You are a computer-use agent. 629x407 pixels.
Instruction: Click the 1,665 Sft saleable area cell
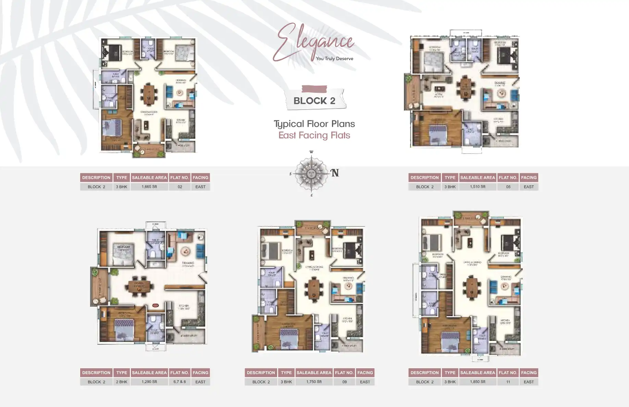pyautogui.click(x=149, y=187)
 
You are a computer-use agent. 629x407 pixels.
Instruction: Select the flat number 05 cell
pyautogui.click(x=508, y=187)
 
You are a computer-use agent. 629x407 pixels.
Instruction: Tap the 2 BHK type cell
pyautogui.click(x=121, y=382)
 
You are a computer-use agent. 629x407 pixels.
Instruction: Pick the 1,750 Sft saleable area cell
pyautogui.click(x=314, y=382)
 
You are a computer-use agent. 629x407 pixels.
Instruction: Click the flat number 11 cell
pyautogui.click(x=508, y=382)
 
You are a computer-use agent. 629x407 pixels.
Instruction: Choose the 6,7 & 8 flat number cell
pyautogui.click(x=180, y=382)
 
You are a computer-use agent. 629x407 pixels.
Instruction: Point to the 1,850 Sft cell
pyautogui.click(x=478, y=382)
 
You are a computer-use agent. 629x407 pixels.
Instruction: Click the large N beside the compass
pyautogui.click(x=335, y=173)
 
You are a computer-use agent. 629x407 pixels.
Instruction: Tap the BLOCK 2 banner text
pyautogui.click(x=314, y=101)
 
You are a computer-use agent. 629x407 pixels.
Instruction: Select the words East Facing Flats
pyautogui.click(x=314, y=135)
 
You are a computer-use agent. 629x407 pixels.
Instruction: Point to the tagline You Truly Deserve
pyautogui.click(x=334, y=59)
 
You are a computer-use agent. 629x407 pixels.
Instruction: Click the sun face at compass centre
pyautogui.click(x=311, y=173)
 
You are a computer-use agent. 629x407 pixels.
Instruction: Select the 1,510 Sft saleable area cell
pyautogui.click(x=478, y=187)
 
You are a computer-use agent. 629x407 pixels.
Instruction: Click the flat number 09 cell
pyautogui.click(x=344, y=382)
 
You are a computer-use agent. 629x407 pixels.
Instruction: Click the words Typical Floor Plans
pyautogui.click(x=314, y=124)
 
